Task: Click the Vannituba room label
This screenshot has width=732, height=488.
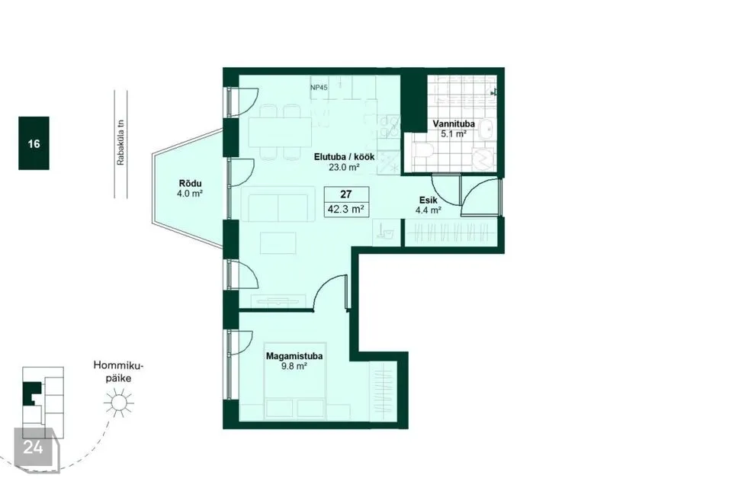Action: [453, 124]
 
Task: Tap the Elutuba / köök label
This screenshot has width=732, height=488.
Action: [344, 157]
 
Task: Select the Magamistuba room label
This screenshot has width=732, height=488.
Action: [294, 356]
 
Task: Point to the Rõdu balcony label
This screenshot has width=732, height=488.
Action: [190, 184]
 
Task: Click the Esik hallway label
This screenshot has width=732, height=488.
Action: [428, 201]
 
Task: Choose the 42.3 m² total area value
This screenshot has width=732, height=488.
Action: [345, 209]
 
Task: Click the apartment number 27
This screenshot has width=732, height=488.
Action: [346, 194]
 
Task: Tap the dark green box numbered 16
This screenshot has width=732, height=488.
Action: [34, 143]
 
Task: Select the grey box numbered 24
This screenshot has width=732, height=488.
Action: [34, 447]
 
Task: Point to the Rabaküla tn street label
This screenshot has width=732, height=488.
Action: [121, 143]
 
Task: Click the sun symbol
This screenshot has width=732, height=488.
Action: [119, 403]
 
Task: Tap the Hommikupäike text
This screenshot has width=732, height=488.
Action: [118, 372]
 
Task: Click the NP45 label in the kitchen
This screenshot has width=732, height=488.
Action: [319, 88]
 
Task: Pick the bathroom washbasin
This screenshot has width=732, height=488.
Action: [486, 128]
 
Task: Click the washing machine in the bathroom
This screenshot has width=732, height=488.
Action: [483, 159]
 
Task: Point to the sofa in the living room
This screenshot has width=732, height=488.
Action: [278, 204]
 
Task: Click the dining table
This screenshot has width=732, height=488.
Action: [280, 133]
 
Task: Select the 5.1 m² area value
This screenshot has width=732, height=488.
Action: [454, 133]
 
